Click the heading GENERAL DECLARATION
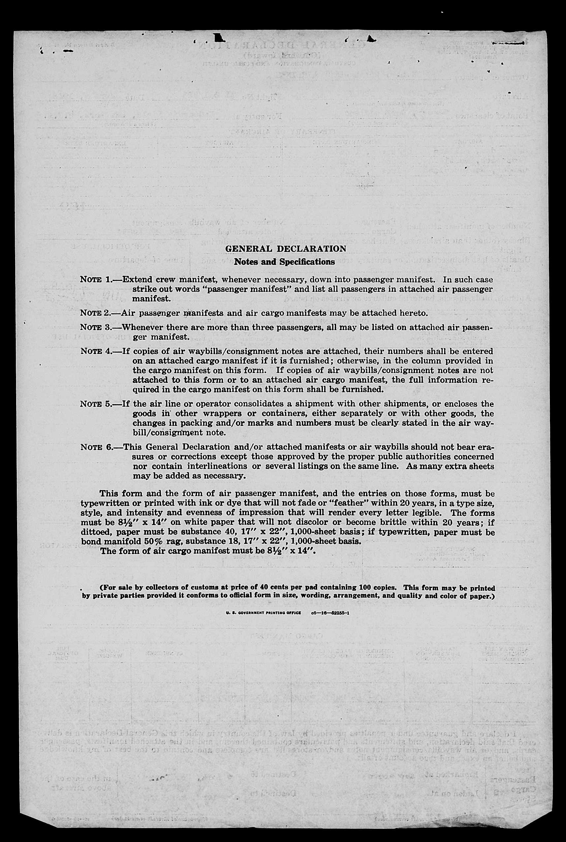click(x=285, y=249)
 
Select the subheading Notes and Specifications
click(x=284, y=262)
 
